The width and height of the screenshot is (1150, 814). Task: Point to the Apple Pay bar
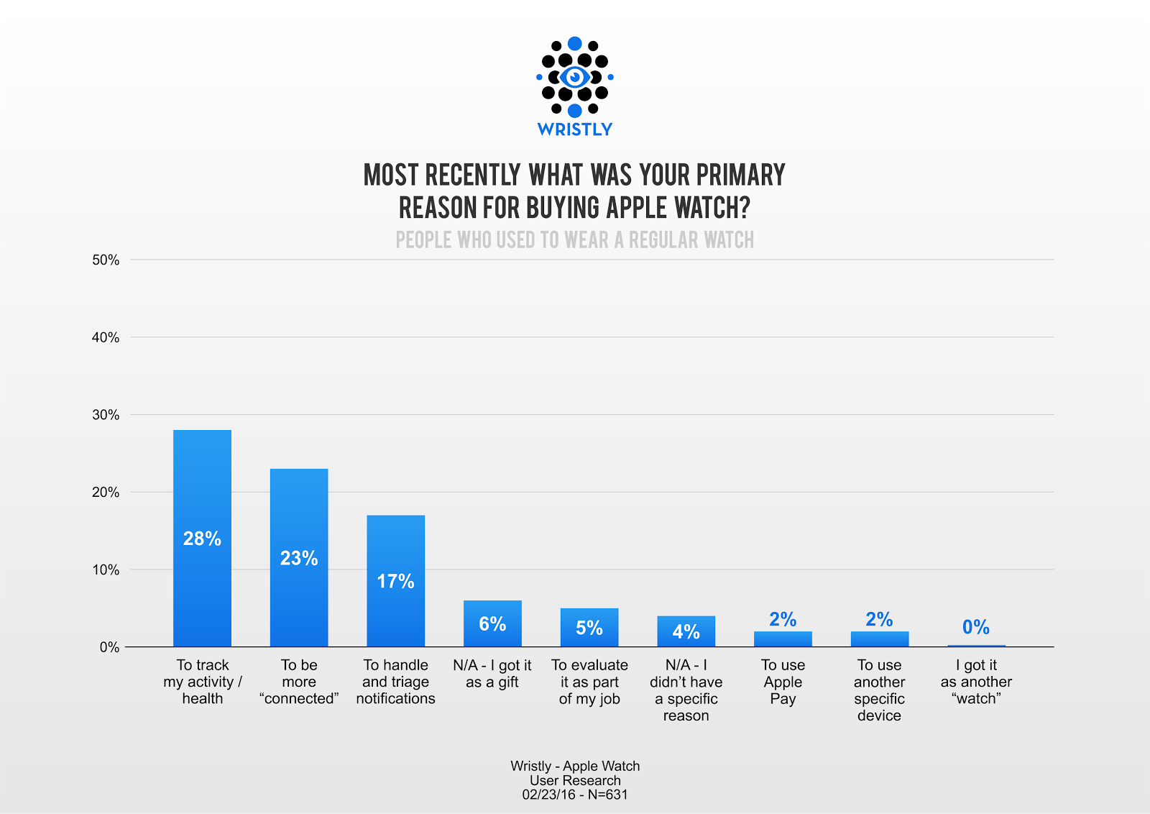coord(783,639)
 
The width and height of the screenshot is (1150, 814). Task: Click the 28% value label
coord(202,539)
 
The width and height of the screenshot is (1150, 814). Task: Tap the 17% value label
coord(395,581)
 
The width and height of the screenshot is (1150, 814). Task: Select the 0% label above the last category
coord(975,627)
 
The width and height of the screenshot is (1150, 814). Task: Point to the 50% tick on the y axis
coord(106,260)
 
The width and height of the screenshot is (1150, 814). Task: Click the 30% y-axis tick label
coord(106,415)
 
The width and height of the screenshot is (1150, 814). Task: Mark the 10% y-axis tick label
coord(106,570)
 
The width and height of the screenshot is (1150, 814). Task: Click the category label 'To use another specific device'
coord(879,690)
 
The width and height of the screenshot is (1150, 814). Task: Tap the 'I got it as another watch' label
coord(976,682)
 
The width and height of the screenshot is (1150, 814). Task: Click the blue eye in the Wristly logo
coord(574,76)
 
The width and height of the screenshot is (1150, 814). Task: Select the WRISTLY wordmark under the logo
coord(574,129)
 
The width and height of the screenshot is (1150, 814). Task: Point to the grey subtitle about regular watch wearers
coord(574,240)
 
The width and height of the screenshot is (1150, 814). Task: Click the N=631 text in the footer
coord(607,795)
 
